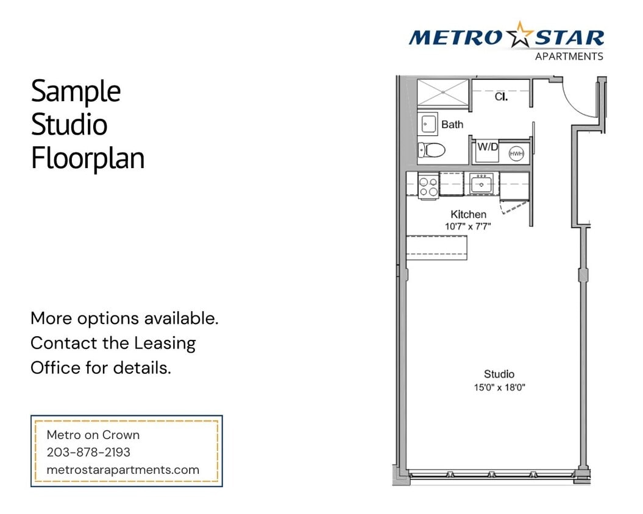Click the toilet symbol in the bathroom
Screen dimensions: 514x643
pyautogui.click(x=432, y=149)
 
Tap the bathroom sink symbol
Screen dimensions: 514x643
pyautogui.click(x=428, y=124)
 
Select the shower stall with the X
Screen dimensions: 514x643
pyautogui.click(x=443, y=92)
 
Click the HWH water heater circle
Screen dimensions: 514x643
pyautogui.click(x=516, y=154)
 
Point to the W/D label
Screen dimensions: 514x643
pyautogui.click(x=487, y=146)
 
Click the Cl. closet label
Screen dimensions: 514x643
pyautogui.click(x=501, y=96)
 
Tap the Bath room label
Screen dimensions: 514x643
pyautogui.click(x=452, y=124)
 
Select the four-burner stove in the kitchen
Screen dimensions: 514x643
pyautogui.click(x=428, y=186)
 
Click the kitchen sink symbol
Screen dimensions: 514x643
pyautogui.click(x=481, y=183)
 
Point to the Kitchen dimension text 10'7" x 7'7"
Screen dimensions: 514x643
pyautogui.click(x=468, y=226)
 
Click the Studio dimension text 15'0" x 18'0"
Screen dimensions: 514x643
pyautogui.click(x=499, y=387)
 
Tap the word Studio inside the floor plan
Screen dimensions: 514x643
pyautogui.click(x=499, y=374)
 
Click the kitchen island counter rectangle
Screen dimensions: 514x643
pyautogui.click(x=436, y=247)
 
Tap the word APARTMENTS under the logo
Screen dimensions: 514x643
pyautogui.click(x=569, y=57)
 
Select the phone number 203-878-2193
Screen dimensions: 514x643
pyautogui.click(x=88, y=452)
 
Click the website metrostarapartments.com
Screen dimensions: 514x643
pyautogui.click(x=123, y=470)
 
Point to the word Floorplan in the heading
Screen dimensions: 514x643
pyautogui.click(x=88, y=158)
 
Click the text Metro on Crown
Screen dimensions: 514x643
pyautogui.click(x=93, y=435)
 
